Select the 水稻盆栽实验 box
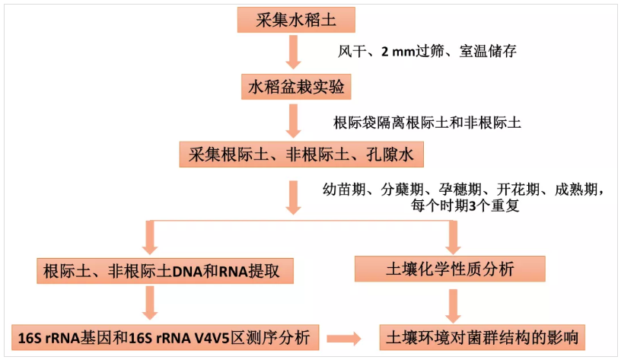(x=296, y=88)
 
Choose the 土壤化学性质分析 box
(x=451, y=269)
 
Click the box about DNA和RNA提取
(x=164, y=270)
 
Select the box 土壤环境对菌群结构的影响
(x=486, y=336)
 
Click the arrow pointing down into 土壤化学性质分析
(x=452, y=237)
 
